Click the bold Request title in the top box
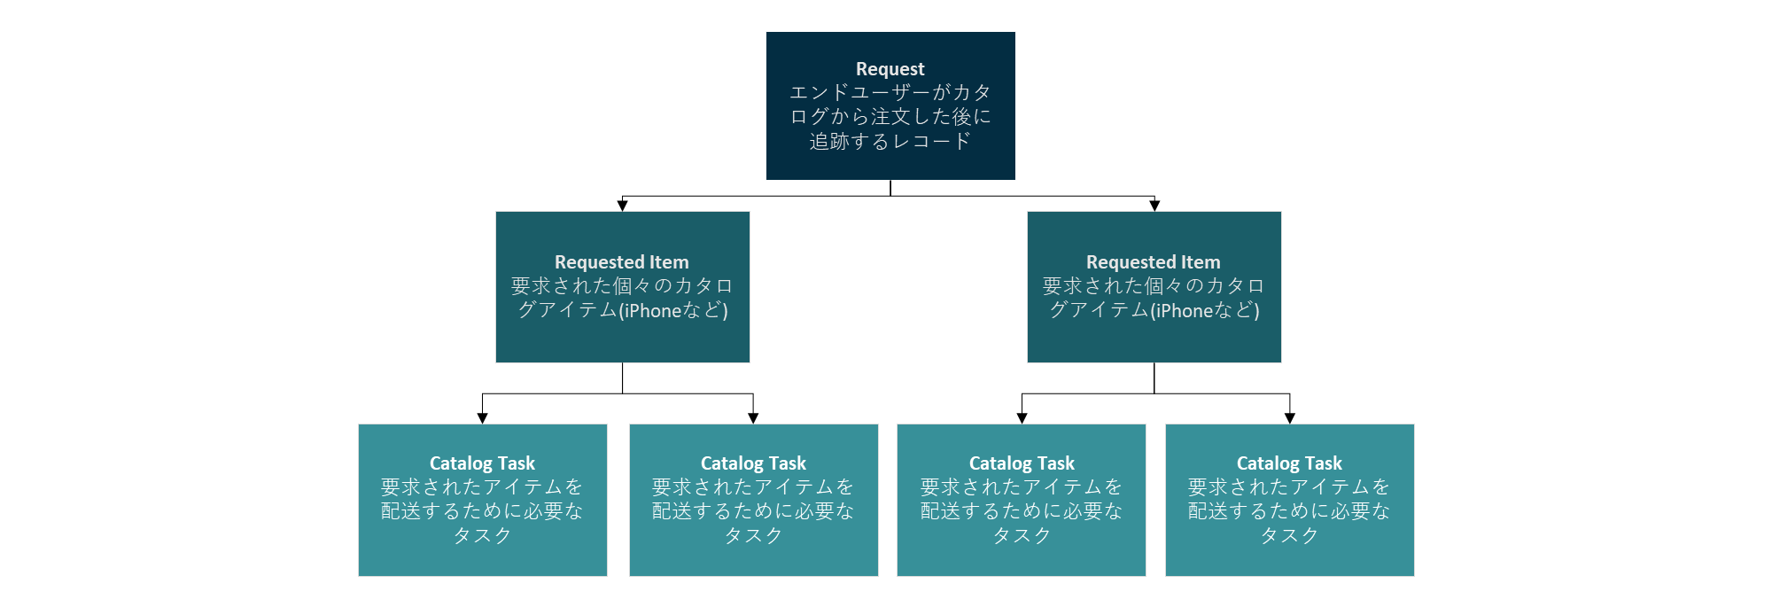pos(890,69)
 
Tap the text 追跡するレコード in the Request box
pos(890,142)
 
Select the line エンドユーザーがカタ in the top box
pos(890,93)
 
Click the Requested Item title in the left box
pos(621,262)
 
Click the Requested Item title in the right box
pos(1153,262)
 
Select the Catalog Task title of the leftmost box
pos(482,463)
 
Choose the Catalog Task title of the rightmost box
pos(1289,463)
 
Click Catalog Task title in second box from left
pos(753,463)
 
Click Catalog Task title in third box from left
pos(1022,463)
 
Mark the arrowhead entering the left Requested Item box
pos(622,206)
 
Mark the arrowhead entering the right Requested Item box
pos(1154,206)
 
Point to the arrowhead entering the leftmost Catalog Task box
pos(482,418)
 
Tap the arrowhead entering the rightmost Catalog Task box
pos(1289,418)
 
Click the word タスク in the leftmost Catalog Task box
pos(482,536)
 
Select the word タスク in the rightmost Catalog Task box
pos(1289,536)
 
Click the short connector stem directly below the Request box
pos(890,188)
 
